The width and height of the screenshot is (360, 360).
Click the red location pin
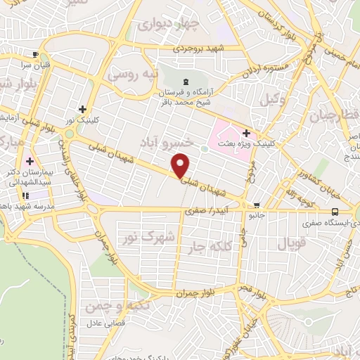(x=181, y=165)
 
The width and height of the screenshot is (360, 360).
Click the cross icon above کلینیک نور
(x=83, y=109)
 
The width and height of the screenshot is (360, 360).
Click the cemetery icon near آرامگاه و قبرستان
(x=186, y=82)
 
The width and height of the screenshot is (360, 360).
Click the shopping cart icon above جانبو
(x=257, y=205)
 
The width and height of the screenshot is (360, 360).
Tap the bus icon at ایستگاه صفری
(x=334, y=212)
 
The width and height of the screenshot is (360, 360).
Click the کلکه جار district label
(x=209, y=247)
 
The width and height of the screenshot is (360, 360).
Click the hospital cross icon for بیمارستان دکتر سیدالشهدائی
(x=29, y=160)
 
